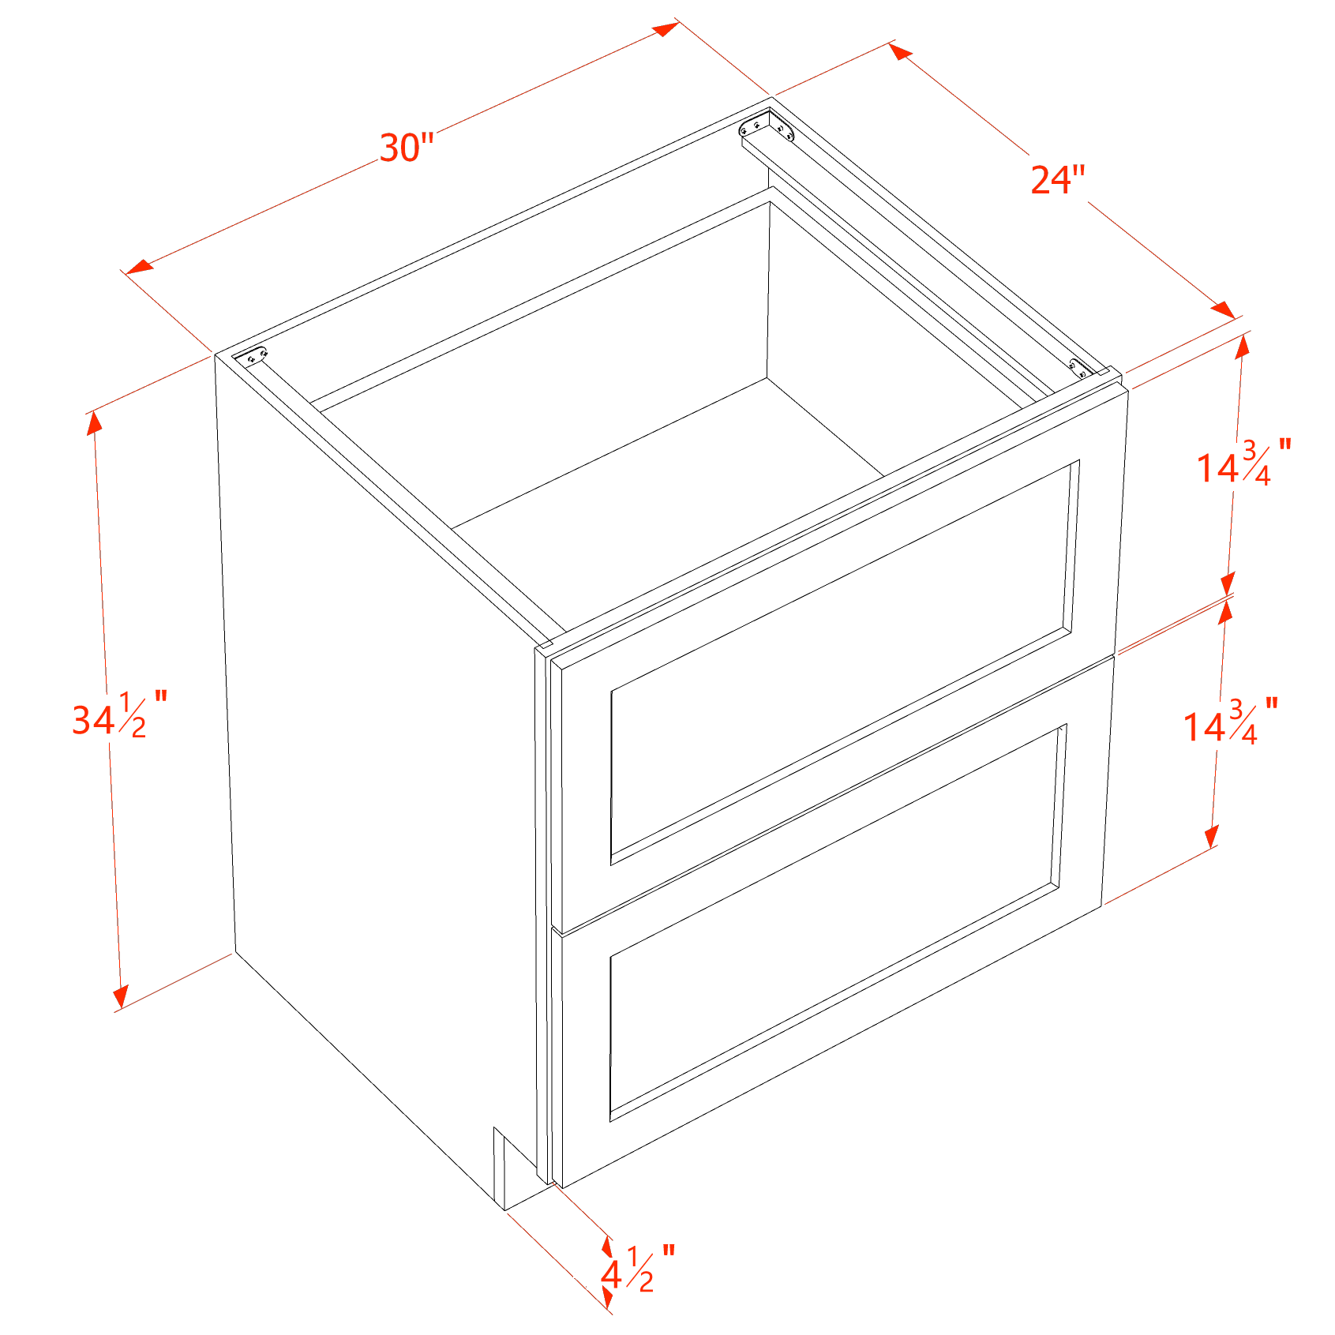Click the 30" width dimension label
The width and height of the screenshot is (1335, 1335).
(407, 148)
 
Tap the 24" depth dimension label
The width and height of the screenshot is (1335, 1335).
(1058, 179)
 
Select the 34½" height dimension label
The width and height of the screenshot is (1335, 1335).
(119, 714)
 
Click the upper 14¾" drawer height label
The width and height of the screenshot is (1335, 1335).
(1244, 463)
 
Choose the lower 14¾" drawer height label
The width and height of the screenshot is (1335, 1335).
(1230, 722)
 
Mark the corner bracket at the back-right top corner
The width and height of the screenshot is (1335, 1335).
(767, 126)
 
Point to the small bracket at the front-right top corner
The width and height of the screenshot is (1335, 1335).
(1078, 367)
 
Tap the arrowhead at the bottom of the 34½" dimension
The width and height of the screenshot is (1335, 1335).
(120, 997)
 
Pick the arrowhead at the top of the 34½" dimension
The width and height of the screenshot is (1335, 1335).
(95, 424)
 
